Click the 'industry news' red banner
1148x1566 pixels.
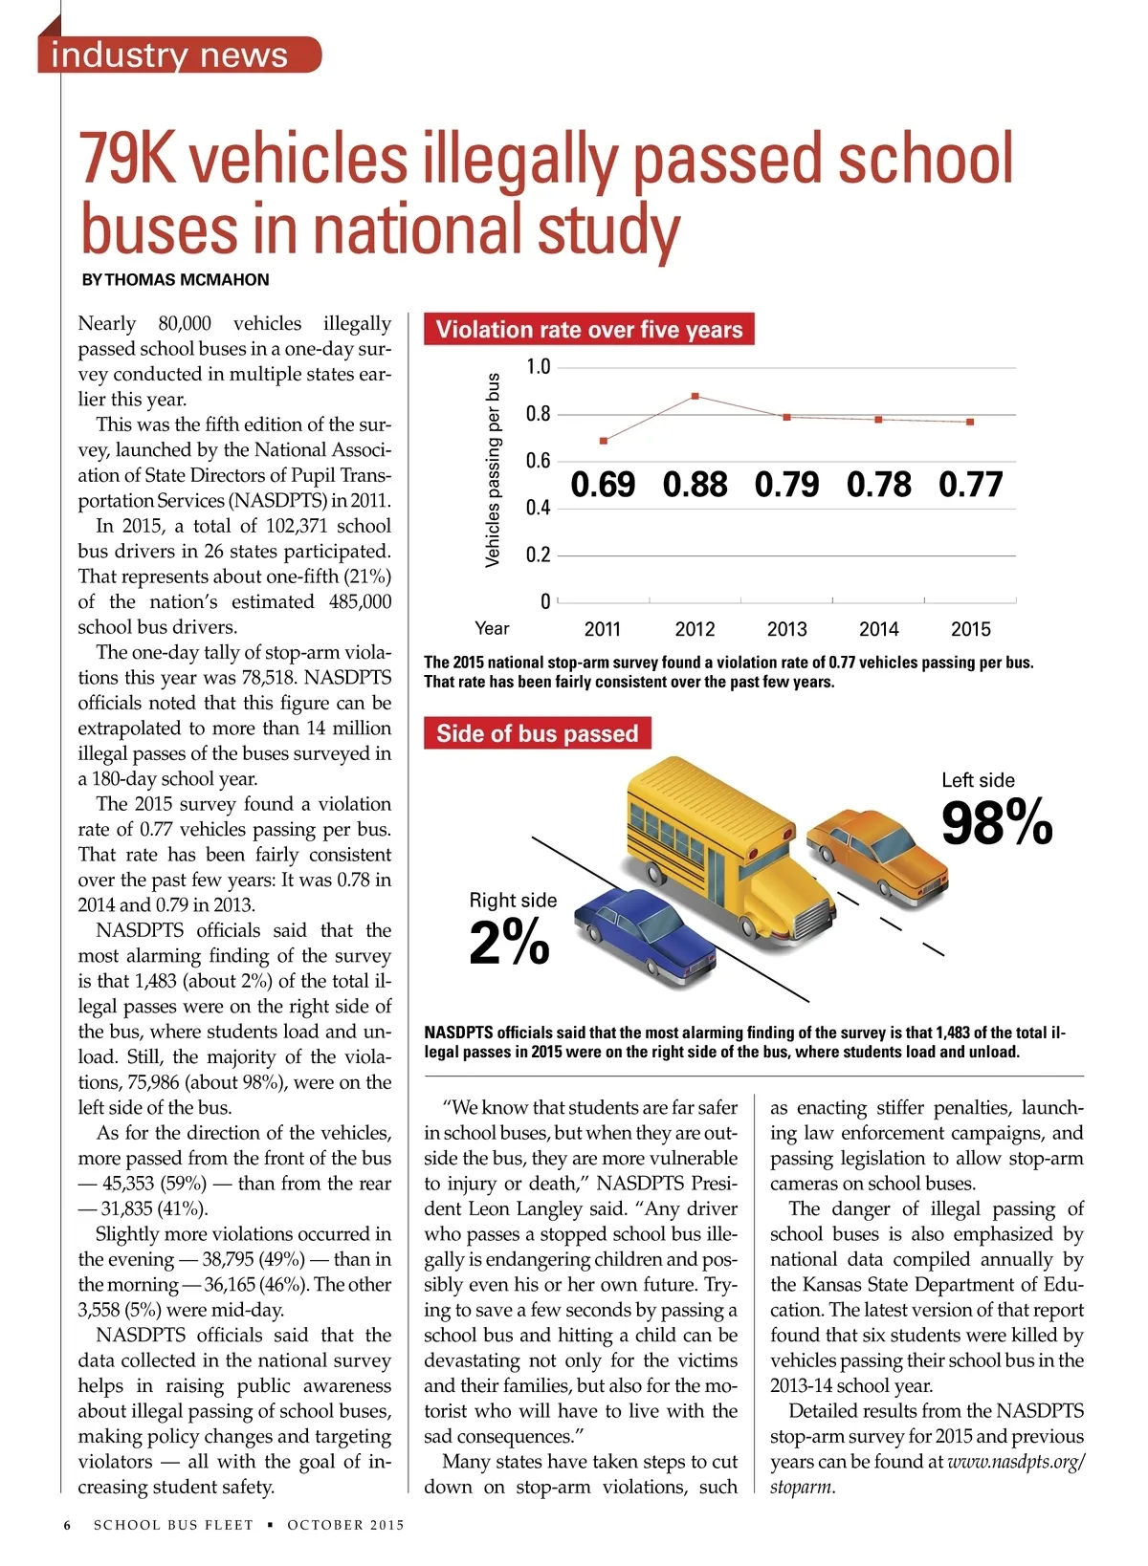pyautogui.click(x=178, y=54)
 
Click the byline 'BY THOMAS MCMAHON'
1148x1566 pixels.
pyautogui.click(x=175, y=280)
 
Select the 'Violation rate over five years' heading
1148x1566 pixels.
pyautogui.click(x=588, y=330)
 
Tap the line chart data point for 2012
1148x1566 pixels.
pyautogui.click(x=695, y=396)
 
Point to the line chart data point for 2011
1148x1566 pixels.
pyautogui.click(x=603, y=441)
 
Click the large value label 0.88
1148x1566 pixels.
pyautogui.click(x=695, y=485)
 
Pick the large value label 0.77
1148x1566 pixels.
pyautogui.click(x=970, y=485)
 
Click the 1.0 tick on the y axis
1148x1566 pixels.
pyautogui.click(x=539, y=367)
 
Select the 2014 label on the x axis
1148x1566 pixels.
pyautogui.click(x=878, y=629)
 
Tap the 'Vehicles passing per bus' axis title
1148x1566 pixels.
pyautogui.click(x=493, y=469)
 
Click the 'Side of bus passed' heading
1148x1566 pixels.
pyautogui.click(x=537, y=733)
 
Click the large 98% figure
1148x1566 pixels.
pyautogui.click(x=996, y=823)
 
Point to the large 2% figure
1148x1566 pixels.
pyautogui.click(x=509, y=942)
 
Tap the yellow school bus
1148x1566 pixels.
pyautogui.click(x=727, y=841)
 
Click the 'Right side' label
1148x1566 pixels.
pyautogui.click(x=513, y=900)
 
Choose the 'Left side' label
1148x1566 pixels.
pyautogui.click(x=978, y=780)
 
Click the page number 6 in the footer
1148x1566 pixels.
pyautogui.click(x=67, y=1525)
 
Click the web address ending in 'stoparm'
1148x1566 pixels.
pyautogui.click(x=1016, y=1463)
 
